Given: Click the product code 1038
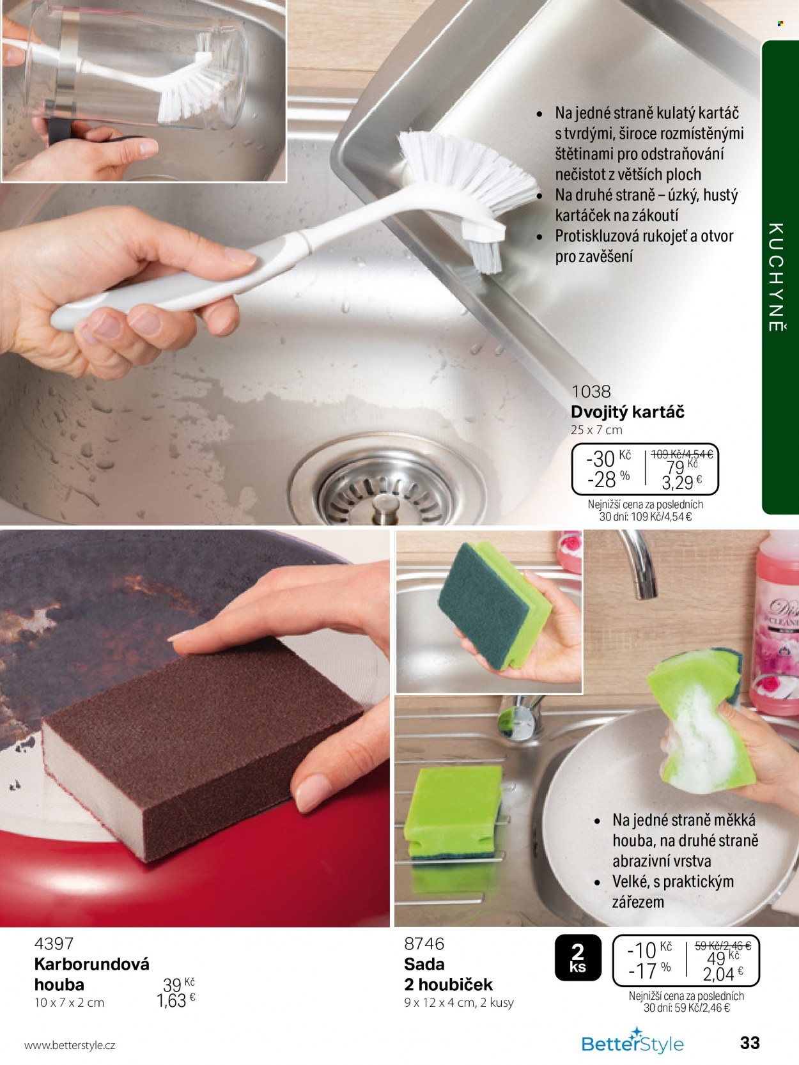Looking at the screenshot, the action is [x=591, y=391].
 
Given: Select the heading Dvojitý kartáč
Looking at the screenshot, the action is [x=627, y=412].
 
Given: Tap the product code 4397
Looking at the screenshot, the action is [x=54, y=943].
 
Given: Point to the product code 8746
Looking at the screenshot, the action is [x=424, y=943].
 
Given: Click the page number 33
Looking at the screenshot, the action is [x=750, y=1042].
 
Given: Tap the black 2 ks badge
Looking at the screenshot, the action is [x=578, y=958].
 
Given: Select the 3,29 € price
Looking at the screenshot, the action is [x=681, y=482].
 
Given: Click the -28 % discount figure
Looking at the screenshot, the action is [x=609, y=479].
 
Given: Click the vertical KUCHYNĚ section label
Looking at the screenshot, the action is [x=775, y=277].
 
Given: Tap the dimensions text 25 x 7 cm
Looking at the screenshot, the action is [x=596, y=430].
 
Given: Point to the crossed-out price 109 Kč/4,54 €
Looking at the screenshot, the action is [x=681, y=455].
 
